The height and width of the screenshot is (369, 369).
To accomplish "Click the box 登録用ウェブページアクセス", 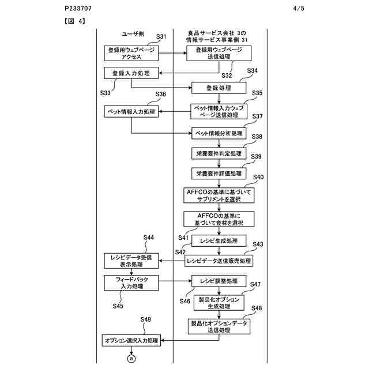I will [131, 54].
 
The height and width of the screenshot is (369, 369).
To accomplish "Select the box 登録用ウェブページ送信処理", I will [219, 54].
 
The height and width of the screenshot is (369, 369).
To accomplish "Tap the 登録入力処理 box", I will [131, 73].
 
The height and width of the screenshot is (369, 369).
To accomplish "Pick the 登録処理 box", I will [219, 88].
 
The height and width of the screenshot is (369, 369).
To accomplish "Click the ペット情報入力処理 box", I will [131, 111].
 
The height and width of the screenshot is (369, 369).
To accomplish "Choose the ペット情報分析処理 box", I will [219, 133].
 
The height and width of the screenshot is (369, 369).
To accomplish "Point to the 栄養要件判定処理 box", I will [219, 154].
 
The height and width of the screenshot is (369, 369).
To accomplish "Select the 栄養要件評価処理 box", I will [219, 173].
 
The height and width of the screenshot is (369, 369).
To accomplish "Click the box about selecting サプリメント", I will [219, 195].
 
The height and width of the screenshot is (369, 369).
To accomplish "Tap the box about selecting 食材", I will [219, 219].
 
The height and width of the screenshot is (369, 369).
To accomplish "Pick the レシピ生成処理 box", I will [219, 240].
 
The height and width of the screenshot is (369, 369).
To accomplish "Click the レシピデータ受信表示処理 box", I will [131, 261].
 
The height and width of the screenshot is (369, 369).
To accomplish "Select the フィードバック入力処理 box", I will [131, 282].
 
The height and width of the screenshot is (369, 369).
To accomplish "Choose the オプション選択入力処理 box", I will [131, 341].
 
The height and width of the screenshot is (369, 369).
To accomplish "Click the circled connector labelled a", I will [131, 358].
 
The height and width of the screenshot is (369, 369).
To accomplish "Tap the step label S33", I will [106, 92].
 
